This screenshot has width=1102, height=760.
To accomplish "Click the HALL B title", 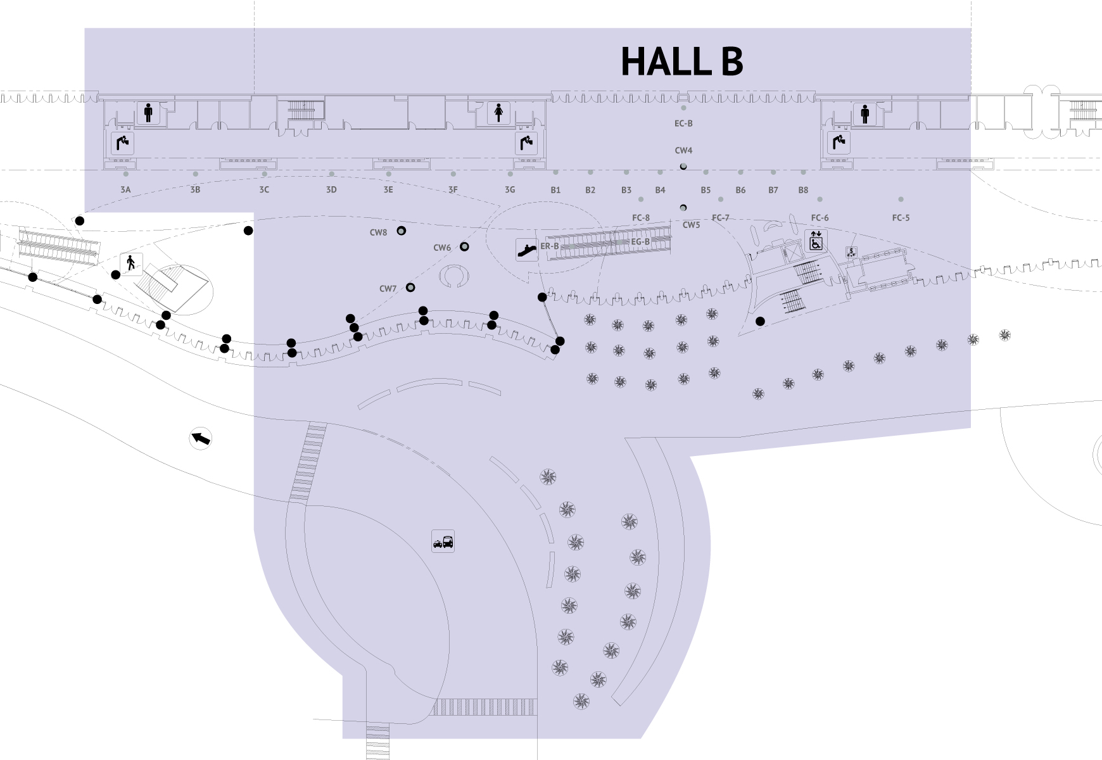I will (681, 61).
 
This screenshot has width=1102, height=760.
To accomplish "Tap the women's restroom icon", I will (498, 113).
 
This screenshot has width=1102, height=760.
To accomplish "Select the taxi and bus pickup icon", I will (443, 541).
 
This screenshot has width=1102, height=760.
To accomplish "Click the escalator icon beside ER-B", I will (526, 249).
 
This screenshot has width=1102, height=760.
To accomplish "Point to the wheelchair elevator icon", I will (816, 241).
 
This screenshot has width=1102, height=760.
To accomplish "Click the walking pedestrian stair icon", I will (132, 263).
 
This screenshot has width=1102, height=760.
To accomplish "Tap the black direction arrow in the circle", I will (201, 438).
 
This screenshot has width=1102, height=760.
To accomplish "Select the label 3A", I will (125, 189).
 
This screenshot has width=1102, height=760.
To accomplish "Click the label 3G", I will (510, 189).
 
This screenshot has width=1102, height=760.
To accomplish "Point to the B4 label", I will (660, 189).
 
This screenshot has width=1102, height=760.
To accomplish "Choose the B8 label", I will (803, 189).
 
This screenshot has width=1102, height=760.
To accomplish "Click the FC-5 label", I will (901, 218).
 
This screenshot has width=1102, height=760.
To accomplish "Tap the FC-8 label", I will (641, 218).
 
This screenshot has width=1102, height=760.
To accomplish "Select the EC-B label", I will (683, 123).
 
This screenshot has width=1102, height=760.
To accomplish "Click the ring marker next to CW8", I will (401, 231).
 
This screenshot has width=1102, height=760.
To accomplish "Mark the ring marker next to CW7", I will (410, 288).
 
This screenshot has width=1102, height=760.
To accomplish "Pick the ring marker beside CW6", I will (464, 246).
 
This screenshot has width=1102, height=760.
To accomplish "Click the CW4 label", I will (683, 151).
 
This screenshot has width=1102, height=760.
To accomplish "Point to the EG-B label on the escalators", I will (640, 242).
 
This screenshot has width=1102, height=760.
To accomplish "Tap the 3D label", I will (331, 189).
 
